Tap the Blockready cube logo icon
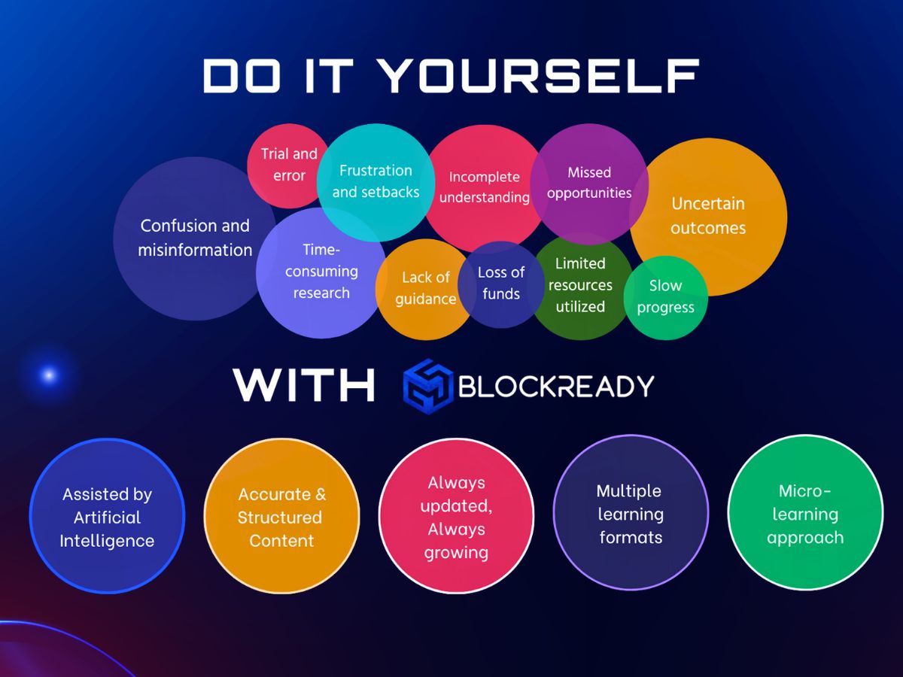427,386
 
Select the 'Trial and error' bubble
288,165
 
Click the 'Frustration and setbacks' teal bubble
375,181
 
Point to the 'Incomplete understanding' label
484,187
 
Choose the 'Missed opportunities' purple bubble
589,183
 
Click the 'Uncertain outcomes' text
708,216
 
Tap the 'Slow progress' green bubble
666,296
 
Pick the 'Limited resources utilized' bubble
580,285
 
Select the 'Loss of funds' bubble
501,283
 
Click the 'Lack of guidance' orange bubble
425,288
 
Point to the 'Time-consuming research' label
321,272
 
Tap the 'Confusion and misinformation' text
195,238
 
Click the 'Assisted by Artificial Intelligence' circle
107,517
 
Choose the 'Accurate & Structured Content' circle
281,517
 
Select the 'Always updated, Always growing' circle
456,517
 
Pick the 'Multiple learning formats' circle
631,514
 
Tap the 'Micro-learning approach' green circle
805,515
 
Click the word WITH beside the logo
304,385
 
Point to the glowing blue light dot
49,375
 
